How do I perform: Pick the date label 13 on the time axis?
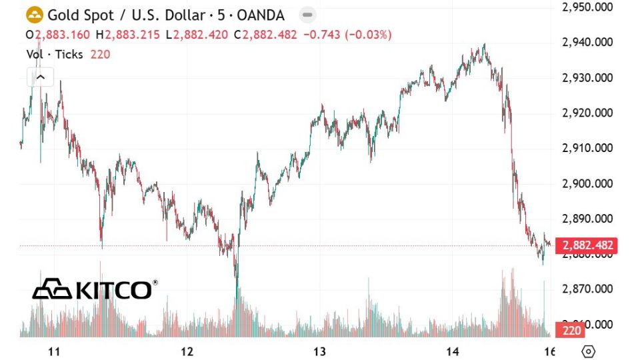tap(319, 351)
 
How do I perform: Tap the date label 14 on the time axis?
tap(452, 351)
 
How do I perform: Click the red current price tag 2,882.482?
tap(588, 245)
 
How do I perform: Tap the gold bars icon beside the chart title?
tap(34, 15)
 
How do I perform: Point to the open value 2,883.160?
tap(64, 34)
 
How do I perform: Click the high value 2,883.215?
tap(132, 34)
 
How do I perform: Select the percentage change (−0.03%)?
tap(368, 34)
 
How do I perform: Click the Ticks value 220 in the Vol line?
tap(99, 55)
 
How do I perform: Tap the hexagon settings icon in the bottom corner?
tap(588, 351)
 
